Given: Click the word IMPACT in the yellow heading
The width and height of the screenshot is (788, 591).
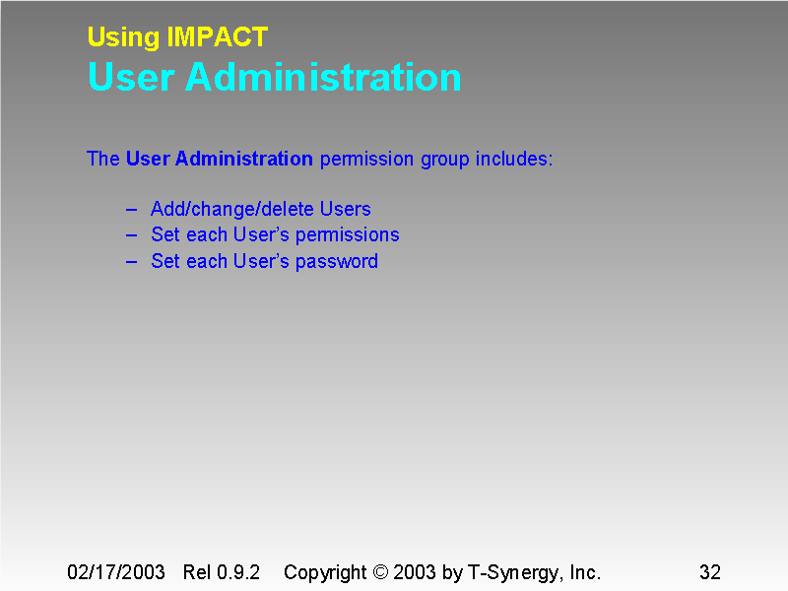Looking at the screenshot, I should (x=218, y=37).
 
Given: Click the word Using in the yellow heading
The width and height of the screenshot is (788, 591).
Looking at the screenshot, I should (x=123, y=37).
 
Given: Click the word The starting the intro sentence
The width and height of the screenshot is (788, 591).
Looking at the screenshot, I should (x=102, y=159).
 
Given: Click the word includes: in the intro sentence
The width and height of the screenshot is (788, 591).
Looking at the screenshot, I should (x=514, y=159).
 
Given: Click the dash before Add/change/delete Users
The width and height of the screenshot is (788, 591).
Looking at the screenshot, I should (x=132, y=210).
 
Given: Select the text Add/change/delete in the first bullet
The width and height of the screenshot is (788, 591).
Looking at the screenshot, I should (x=231, y=210).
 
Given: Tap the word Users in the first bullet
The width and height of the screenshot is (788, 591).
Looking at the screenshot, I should (x=345, y=210).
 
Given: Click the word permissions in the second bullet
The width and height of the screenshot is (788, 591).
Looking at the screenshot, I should (x=348, y=235).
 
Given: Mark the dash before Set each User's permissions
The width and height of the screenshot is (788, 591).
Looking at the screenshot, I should (x=132, y=235).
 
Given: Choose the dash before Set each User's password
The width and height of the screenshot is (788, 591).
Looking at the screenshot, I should (x=132, y=262).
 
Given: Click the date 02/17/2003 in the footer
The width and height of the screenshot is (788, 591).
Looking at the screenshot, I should (x=114, y=572).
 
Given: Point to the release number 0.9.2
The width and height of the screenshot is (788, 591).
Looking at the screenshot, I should (x=239, y=572).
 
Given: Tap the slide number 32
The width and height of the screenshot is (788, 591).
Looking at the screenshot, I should (x=709, y=572).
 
